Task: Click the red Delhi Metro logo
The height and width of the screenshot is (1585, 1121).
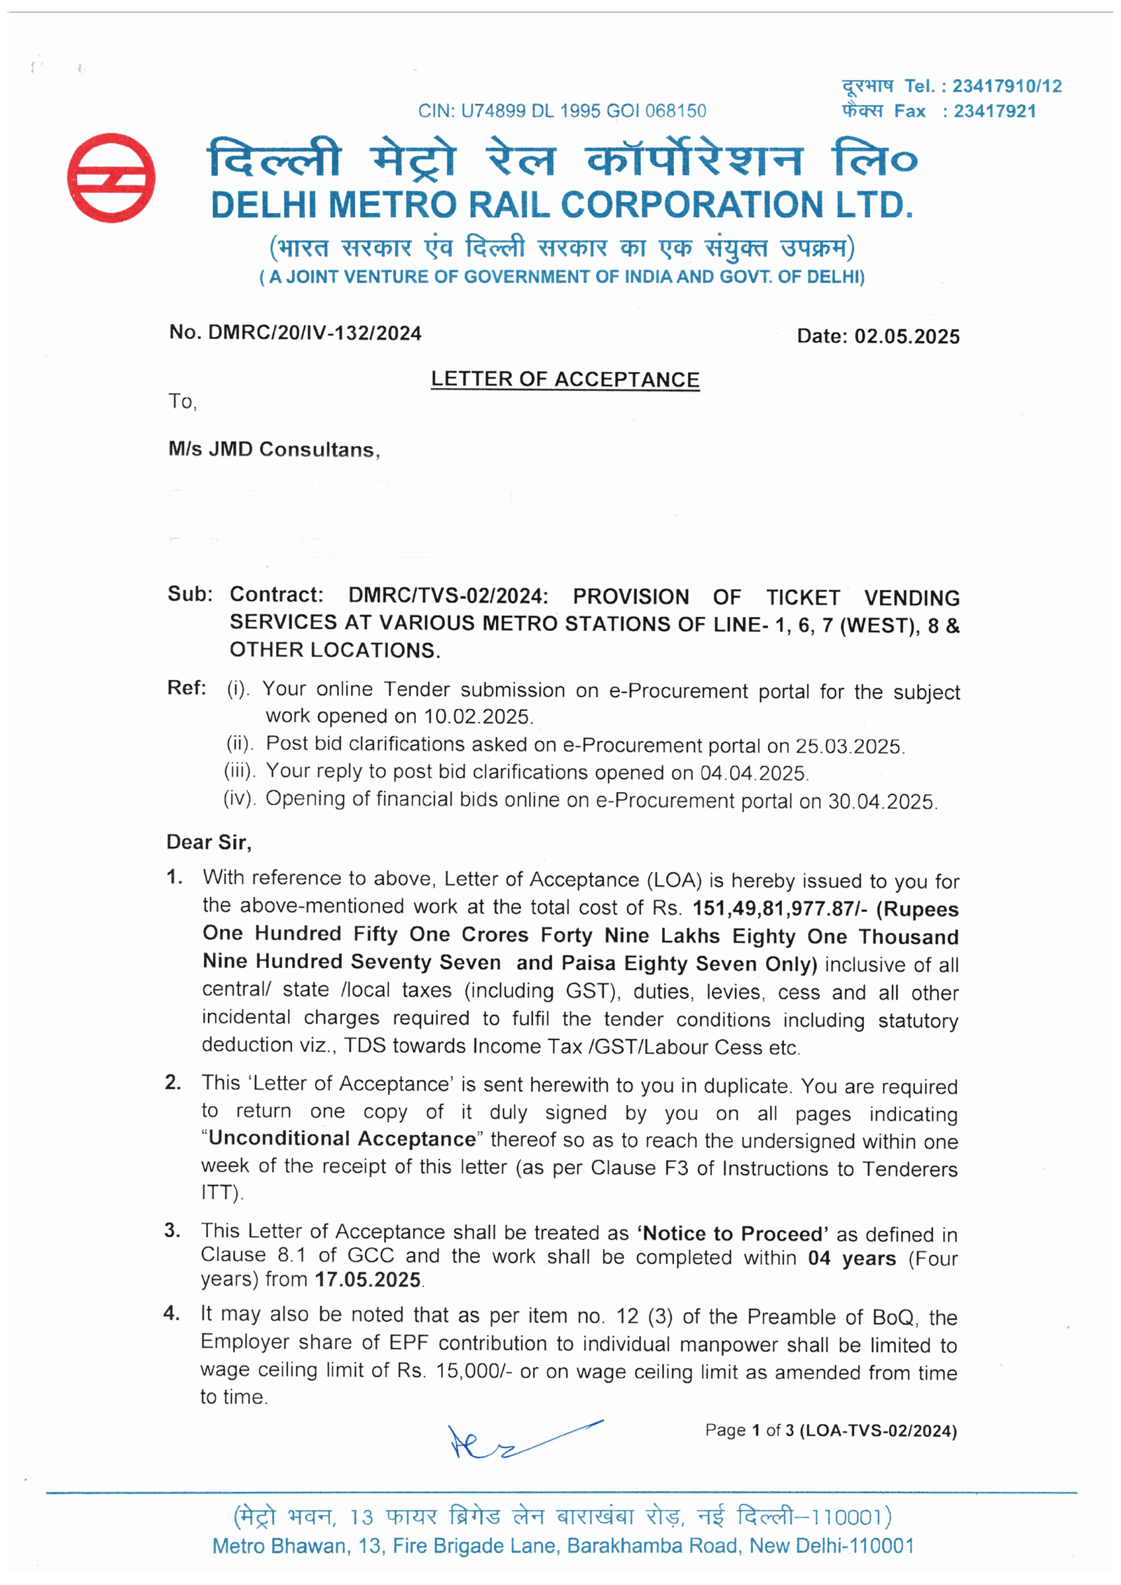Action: pos(111,178)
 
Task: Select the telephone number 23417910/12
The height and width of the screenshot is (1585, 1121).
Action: pos(1007,86)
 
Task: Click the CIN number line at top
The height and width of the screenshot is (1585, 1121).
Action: pos(562,111)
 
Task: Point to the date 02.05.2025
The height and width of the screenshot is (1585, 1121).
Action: pos(907,337)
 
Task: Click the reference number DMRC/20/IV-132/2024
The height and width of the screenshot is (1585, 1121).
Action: pos(315,333)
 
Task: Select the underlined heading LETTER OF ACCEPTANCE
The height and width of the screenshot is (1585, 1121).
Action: pos(565,380)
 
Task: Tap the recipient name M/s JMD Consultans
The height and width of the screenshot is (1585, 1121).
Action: pos(274,449)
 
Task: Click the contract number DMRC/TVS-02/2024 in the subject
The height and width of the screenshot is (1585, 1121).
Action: pos(448,596)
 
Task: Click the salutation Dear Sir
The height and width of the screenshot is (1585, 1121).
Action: pos(209,842)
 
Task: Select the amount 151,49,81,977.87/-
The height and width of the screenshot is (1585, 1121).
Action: pos(780,908)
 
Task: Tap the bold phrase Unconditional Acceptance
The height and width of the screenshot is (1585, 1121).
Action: pos(343,1138)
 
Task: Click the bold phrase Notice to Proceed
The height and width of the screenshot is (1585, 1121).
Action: pos(733,1233)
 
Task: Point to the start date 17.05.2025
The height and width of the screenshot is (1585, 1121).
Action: pos(368,1280)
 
